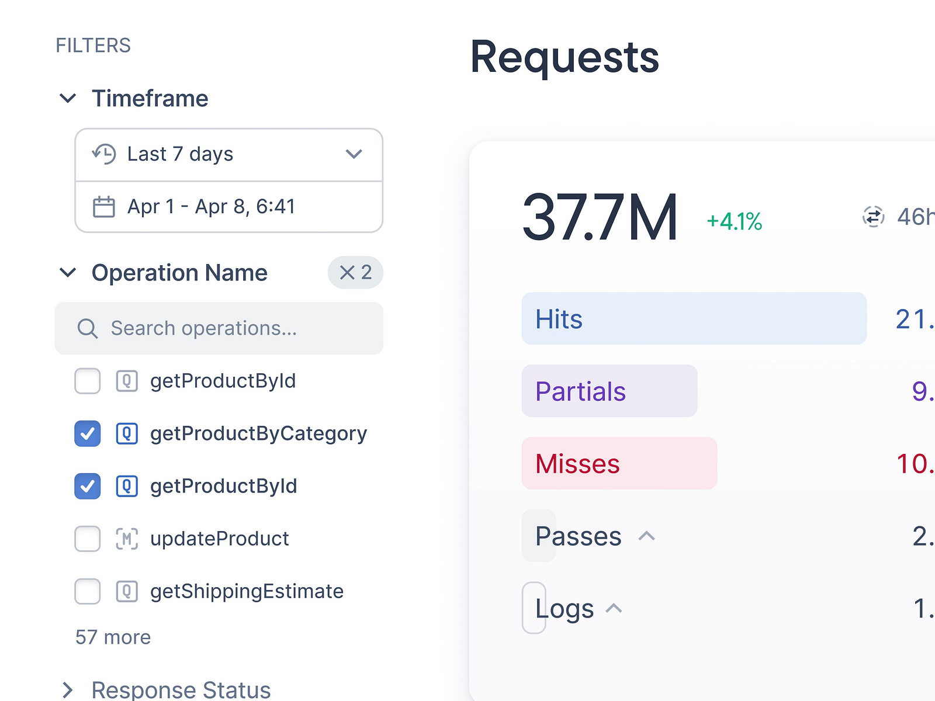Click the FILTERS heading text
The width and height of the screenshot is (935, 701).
(93, 46)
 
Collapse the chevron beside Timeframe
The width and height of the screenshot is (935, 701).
(68, 98)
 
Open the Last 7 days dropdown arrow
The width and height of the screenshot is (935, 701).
(354, 154)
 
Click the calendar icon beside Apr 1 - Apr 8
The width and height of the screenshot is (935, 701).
(104, 207)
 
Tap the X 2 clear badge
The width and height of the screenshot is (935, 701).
(355, 272)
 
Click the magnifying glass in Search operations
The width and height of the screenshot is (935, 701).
(88, 328)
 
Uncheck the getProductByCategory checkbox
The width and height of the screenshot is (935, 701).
(88, 433)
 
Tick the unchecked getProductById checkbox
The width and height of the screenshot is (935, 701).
(88, 381)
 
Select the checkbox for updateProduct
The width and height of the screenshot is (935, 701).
(88, 539)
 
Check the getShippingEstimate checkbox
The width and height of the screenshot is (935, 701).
(88, 591)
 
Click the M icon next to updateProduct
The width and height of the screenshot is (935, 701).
(127, 539)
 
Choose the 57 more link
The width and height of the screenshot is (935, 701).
(113, 637)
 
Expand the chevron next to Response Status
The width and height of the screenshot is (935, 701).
(68, 690)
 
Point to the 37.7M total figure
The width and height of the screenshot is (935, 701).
(600, 218)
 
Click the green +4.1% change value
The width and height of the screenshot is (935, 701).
(734, 222)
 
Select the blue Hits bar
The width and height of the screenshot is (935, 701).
(694, 318)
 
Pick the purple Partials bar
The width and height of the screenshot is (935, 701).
(609, 391)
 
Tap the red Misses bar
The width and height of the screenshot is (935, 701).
(619, 463)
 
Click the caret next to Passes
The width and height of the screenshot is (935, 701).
(646, 536)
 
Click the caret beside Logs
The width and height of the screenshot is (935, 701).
(614, 608)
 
